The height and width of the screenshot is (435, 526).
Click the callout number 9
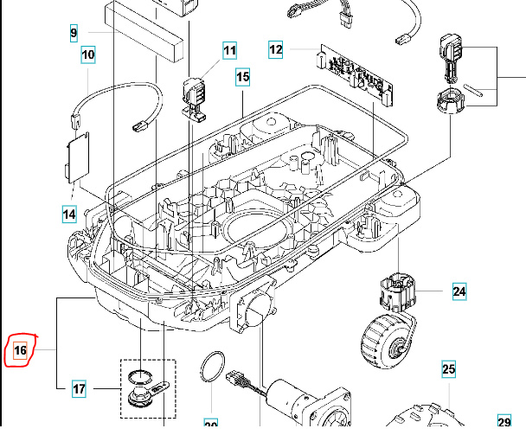click(x=74, y=34)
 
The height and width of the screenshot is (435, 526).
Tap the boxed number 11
click(x=229, y=50)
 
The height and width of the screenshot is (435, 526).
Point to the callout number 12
click(x=276, y=50)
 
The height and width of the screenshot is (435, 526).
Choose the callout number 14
click(x=69, y=213)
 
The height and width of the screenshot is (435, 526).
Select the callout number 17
click(x=79, y=389)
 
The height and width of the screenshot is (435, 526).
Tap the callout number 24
click(x=459, y=291)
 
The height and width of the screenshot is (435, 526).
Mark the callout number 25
click(x=448, y=370)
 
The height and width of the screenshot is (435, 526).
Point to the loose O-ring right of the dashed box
click(x=212, y=367)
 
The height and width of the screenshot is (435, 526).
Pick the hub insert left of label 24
click(x=399, y=292)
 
